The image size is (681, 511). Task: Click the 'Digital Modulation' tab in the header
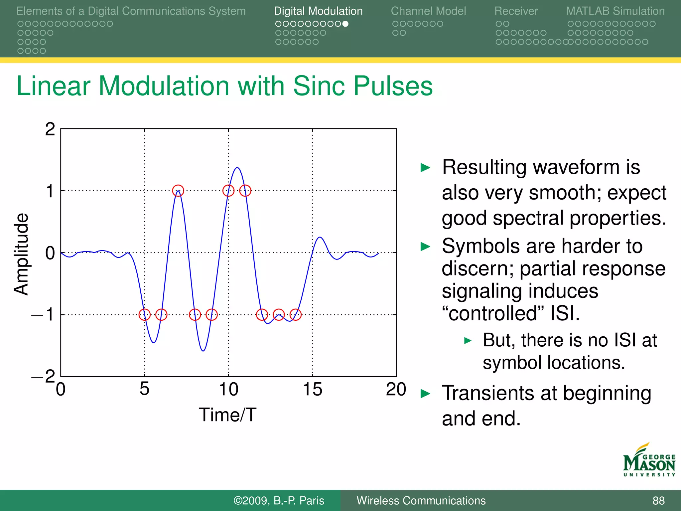[x=318, y=11]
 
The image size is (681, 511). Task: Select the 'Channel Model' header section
[x=428, y=11]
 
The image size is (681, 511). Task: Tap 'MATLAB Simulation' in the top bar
[x=615, y=11]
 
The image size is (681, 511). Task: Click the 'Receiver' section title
[x=516, y=11]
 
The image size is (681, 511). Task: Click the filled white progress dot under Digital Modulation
[x=345, y=24]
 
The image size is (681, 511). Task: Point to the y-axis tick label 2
[x=50, y=129]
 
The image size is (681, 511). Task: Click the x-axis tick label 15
[x=312, y=389]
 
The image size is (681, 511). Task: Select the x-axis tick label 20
[x=396, y=389]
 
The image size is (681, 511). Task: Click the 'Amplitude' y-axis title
[x=21, y=254]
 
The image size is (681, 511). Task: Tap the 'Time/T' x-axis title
[x=227, y=415]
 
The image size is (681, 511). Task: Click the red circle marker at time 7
[x=178, y=191]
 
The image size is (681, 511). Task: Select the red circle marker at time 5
[x=145, y=314]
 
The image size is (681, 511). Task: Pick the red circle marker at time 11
[x=245, y=191]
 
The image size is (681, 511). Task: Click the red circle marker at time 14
[x=295, y=314]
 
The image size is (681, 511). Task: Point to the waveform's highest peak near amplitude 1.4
[x=237, y=168]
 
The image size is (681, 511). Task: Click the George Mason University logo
[x=649, y=460]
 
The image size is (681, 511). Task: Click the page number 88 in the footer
[x=658, y=500]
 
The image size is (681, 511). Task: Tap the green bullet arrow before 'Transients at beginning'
[x=425, y=394]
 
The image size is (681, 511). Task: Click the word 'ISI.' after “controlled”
[x=565, y=313]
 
